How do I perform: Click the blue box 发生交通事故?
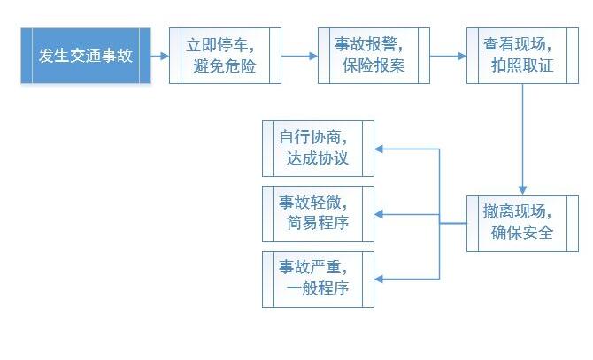[x=86, y=56]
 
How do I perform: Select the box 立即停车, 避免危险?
[x=225, y=56]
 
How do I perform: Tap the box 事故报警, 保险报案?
[x=374, y=56]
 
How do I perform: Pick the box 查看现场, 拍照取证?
[x=522, y=56]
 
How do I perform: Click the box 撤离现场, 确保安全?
[x=522, y=224]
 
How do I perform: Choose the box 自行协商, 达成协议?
[x=318, y=149]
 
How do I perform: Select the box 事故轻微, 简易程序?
[x=318, y=214]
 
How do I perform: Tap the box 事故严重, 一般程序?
[x=318, y=280]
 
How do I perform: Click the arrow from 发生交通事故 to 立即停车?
[x=159, y=56]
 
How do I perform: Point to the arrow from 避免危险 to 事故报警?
[x=299, y=56]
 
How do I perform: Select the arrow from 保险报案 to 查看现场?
[x=448, y=56]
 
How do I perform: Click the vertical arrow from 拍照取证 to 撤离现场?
[x=523, y=140]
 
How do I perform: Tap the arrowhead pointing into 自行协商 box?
[x=379, y=149]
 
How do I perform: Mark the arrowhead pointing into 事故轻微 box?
[x=379, y=214]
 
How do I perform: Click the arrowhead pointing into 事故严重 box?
[x=379, y=280]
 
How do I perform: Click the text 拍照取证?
[x=522, y=65]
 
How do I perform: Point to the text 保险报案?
[x=374, y=65]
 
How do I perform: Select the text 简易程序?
[x=318, y=223]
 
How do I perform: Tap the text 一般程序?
[x=318, y=288]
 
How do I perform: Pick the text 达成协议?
[x=318, y=158]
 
